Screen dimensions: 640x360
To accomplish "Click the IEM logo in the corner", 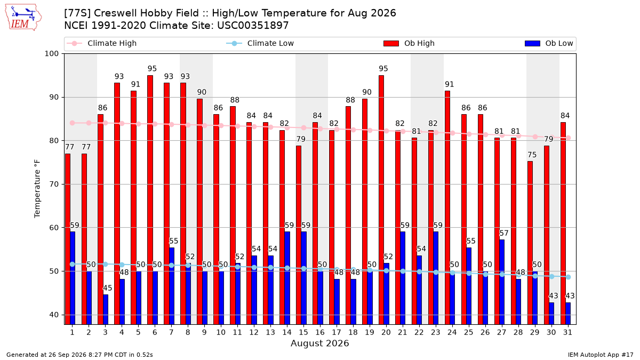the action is coord(23,18).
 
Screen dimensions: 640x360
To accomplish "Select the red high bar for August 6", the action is coord(150,199).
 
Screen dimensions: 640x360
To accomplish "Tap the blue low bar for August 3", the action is coord(106,309).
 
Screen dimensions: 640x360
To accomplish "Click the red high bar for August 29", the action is coord(530,243).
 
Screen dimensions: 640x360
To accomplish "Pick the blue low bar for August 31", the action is coord(568,314).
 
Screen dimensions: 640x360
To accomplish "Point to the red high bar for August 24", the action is coord(447,207).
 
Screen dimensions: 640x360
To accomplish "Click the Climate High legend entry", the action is coord(101,43).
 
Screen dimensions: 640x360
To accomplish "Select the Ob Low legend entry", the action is coord(549,43).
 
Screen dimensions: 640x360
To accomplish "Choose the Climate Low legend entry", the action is coord(260,43).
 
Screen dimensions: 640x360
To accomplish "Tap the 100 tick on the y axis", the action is coord(51,54).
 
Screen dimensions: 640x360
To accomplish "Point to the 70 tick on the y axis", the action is coord(54,185).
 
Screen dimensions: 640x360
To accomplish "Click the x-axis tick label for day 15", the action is coord(303,332).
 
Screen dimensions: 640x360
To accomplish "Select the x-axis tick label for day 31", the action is coord(567,332).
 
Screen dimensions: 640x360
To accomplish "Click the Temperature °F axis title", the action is coord(37,189).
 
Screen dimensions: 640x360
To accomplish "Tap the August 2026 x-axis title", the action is coord(319,343).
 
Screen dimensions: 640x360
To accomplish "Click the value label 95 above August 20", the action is coord(383,69).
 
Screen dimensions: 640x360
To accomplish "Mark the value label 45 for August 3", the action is coord(107,287).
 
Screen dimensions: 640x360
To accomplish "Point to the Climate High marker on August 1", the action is coord(73,123).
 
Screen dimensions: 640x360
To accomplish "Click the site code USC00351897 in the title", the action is coord(253,26).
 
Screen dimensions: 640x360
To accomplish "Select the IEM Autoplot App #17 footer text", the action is coord(601,355).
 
